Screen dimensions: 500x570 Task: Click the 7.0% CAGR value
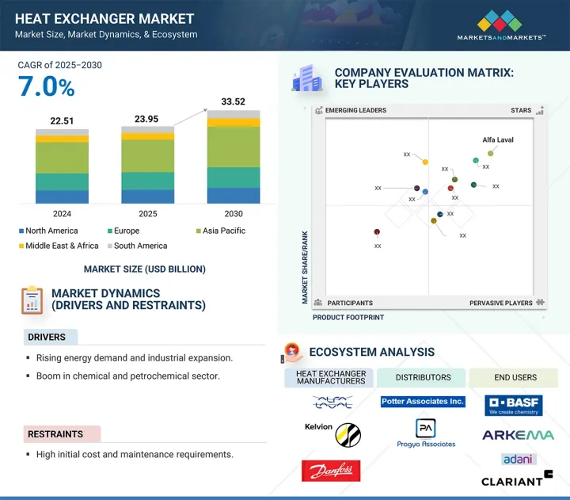coord(47,88)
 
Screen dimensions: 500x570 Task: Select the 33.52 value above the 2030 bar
coord(233,101)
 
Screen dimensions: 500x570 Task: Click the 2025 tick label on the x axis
coord(147,214)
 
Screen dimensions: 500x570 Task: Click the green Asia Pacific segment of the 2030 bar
coord(233,147)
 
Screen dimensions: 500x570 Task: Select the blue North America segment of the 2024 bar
coord(62,197)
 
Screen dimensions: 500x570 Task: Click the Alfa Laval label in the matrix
coord(498,140)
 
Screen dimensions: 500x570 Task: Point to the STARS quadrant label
coord(521,111)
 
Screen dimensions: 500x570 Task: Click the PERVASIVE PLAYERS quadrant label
coord(501,303)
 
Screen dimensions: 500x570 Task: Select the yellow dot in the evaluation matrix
coord(425,162)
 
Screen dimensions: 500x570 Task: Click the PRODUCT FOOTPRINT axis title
coord(348,317)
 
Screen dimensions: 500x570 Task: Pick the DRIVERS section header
coord(47,337)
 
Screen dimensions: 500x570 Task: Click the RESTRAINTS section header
coord(55,434)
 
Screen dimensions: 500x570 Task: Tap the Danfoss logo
coord(331,471)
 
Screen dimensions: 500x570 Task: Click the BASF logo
coord(513,405)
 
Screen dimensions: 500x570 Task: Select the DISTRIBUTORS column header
coord(423,377)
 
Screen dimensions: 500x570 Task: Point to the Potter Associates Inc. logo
coord(423,402)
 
